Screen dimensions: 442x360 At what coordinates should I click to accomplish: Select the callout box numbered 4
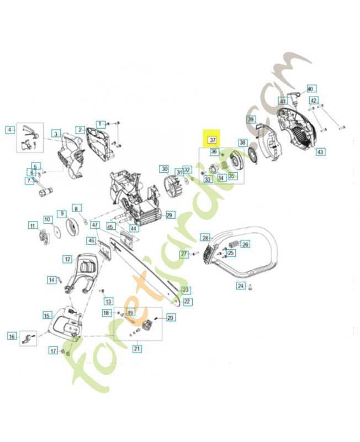point(9,130)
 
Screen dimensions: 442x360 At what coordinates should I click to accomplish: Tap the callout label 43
point(320,151)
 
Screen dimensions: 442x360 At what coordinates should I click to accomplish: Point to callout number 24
point(241,286)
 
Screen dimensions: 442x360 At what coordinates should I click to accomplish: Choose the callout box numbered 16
point(12,336)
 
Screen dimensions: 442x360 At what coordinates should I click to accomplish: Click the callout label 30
point(164,169)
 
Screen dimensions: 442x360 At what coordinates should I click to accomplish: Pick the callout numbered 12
point(67,259)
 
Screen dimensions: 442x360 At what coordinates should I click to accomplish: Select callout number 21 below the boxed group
point(137,348)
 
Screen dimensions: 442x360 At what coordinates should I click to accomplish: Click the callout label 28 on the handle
point(205,238)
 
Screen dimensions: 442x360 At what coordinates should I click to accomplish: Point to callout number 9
point(62,213)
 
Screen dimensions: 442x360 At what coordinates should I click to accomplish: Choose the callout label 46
point(91,240)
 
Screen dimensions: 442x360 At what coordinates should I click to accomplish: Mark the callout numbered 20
point(170,318)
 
